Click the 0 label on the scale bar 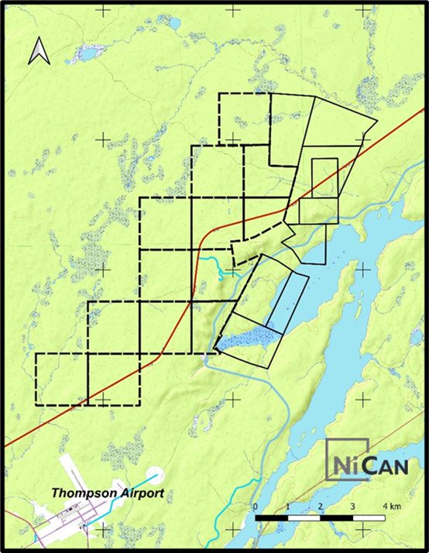click(256, 507)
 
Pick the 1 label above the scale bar click(287, 507)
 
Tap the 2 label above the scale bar click(320, 507)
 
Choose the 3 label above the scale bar click(352, 507)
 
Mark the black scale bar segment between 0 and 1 click(272, 517)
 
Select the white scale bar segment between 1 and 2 click(304, 517)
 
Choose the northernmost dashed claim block click(244, 118)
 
